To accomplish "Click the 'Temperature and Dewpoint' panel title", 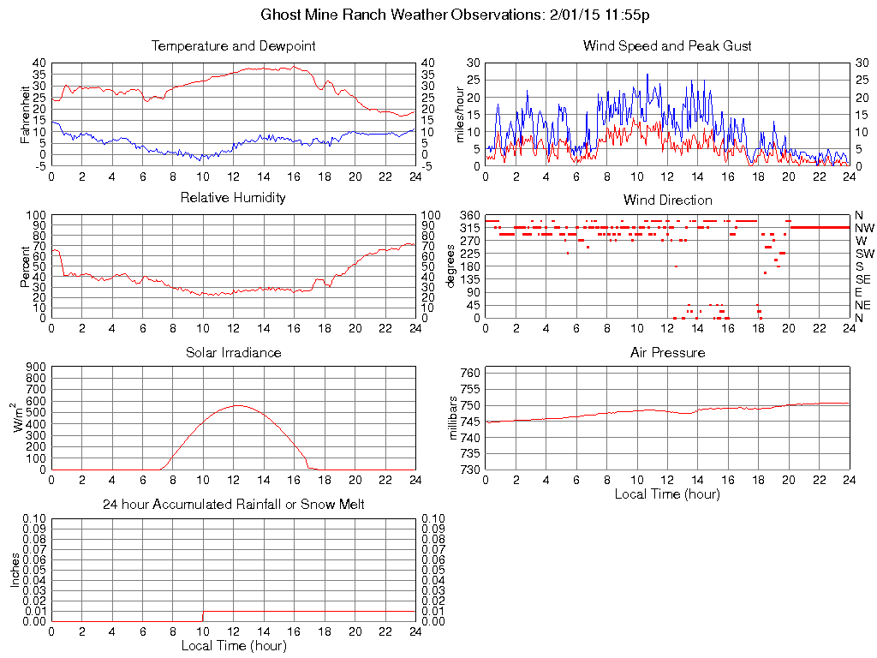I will point(233,45).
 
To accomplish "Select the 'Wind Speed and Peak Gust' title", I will point(667,45).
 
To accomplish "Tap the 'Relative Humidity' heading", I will point(233,198).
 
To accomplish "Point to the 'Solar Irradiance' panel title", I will point(233,352).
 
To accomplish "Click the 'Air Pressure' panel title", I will point(667,352).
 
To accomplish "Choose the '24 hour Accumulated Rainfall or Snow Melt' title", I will point(233,505).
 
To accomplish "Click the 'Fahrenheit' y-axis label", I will point(26,114).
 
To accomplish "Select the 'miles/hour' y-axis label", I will point(460,114).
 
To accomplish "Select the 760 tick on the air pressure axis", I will point(470,374).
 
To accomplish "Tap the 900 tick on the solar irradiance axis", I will point(36,367).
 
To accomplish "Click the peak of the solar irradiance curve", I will point(237,405).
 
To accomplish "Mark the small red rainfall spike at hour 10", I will point(202,617).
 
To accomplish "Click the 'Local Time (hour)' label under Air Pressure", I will point(667,493).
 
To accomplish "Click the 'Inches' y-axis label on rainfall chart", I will point(15,571).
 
